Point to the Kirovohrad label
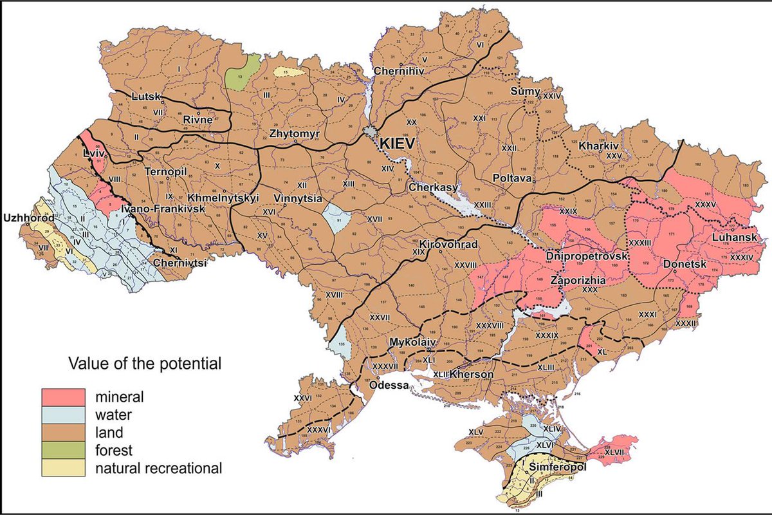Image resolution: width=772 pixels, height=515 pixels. pos(443,245)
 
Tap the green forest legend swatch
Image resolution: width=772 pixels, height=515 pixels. pos(63,449)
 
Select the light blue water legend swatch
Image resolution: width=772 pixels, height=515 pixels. pos(63,413)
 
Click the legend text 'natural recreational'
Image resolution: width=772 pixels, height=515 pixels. pos(158,467)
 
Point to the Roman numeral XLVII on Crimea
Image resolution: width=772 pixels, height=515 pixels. pos(614,453)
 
